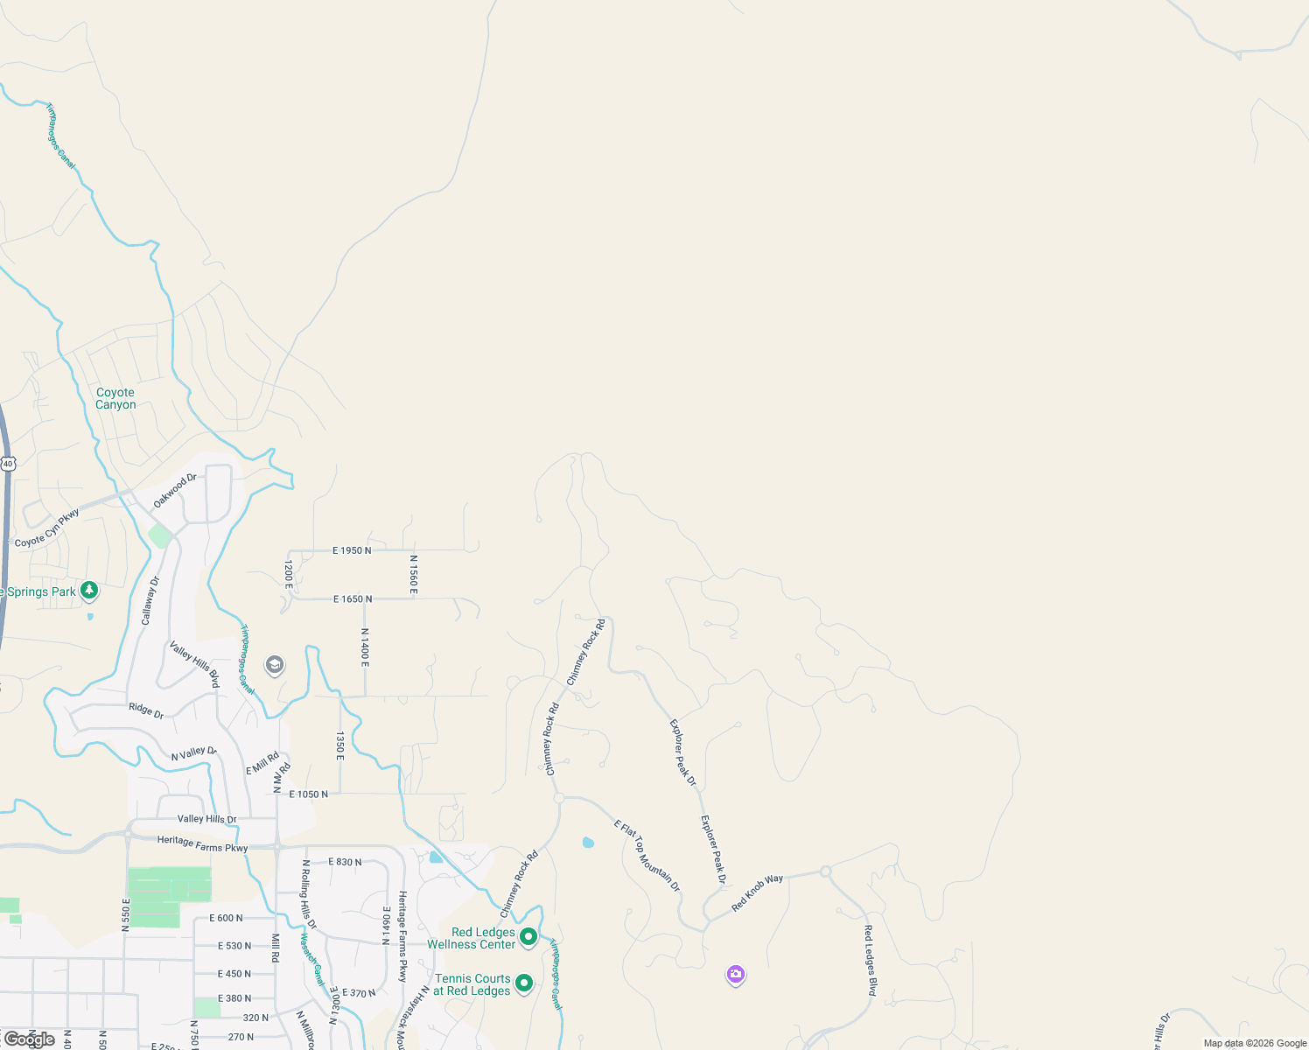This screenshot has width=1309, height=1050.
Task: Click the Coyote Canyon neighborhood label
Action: pyautogui.click(x=115, y=399)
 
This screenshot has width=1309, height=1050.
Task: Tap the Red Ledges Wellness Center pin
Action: pyautogui.click(x=528, y=937)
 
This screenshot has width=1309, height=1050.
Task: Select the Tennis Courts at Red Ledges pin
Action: pyautogui.click(x=524, y=983)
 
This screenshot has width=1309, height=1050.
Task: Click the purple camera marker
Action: pyautogui.click(x=736, y=974)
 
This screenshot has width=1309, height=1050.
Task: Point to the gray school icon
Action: pyautogui.click(x=275, y=666)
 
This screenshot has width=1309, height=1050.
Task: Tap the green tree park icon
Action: pyautogui.click(x=89, y=591)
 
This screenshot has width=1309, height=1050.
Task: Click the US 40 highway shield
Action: pyautogui.click(x=8, y=463)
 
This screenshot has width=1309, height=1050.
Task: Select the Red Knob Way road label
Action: pyautogui.click(x=758, y=892)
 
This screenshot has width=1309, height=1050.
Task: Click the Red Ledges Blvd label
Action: pyautogui.click(x=870, y=960)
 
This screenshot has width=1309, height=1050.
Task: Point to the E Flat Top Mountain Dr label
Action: pyautogui.click(x=647, y=855)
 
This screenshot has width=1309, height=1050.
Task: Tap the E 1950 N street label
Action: pyautogui.click(x=352, y=550)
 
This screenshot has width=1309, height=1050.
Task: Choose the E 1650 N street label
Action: pyautogui.click(x=353, y=599)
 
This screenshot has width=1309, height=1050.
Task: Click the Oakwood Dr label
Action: pyautogui.click(x=175, y=491)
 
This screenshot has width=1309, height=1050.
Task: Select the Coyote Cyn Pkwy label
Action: pyautogui.click(x=47, y=528)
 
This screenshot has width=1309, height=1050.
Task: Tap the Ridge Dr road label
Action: pyautogui.click(x=146, y=710)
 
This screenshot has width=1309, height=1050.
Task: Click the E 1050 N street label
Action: pyautogui.click(x=308, y=794)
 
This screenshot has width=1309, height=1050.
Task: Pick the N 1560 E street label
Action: pyautogui.click(x=413, y=574)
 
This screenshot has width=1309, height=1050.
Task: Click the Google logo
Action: pyautogui.click(x=30, y=1039)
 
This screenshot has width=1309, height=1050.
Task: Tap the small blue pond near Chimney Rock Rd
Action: pyautogui.click(x=588, y=843)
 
